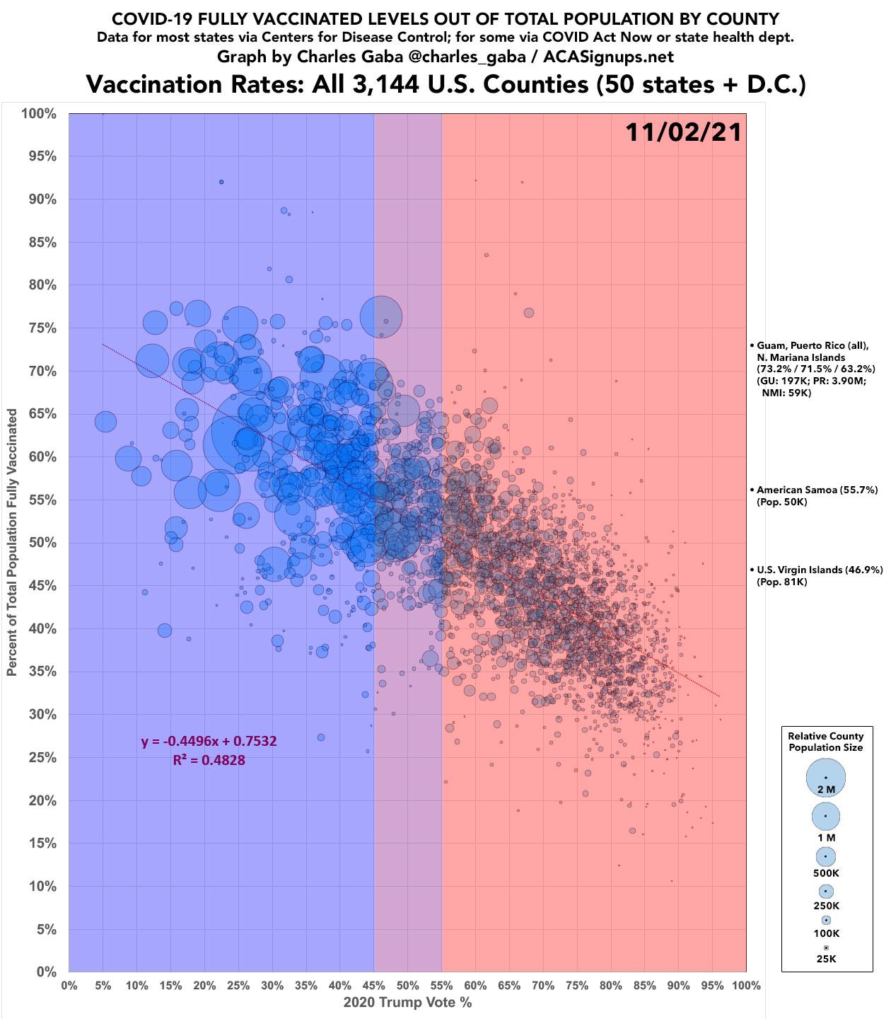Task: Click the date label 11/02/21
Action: (683, 132)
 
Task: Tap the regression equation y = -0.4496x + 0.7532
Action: (209, 742)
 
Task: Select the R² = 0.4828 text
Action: (209, 761)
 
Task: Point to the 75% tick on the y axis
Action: (42, 328)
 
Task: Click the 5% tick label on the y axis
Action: (46, 930)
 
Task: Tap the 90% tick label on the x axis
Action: (678, 985)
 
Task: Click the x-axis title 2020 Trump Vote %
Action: (407, 1003)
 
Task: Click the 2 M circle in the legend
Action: (826, 777)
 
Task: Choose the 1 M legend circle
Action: (826, 816)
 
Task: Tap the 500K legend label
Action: (826, 873)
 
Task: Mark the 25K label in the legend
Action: (826, 959)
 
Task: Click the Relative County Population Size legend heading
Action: (826, 742)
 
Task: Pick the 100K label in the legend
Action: (826, 933)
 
